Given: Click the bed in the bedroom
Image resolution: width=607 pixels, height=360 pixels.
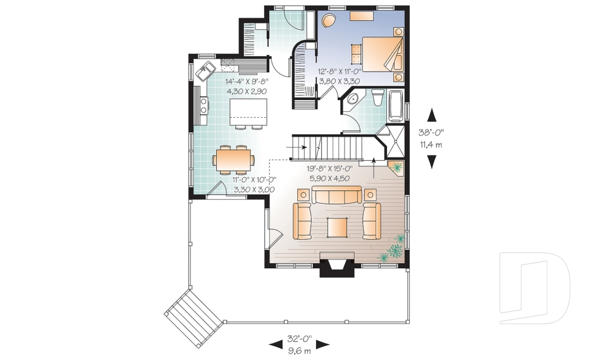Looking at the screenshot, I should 382,53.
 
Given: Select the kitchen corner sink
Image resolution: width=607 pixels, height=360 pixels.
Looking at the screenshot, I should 206,70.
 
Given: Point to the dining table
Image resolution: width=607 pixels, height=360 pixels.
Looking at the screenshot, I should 233,158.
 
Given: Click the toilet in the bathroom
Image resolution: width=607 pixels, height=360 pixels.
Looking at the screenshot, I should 378,97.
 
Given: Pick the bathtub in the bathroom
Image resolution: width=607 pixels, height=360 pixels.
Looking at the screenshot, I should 396,106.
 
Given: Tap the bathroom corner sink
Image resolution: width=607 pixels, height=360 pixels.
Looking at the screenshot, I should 352,99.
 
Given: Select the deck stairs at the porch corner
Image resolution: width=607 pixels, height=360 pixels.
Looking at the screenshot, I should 194,312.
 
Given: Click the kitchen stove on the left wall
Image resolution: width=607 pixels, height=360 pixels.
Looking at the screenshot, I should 203,108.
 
